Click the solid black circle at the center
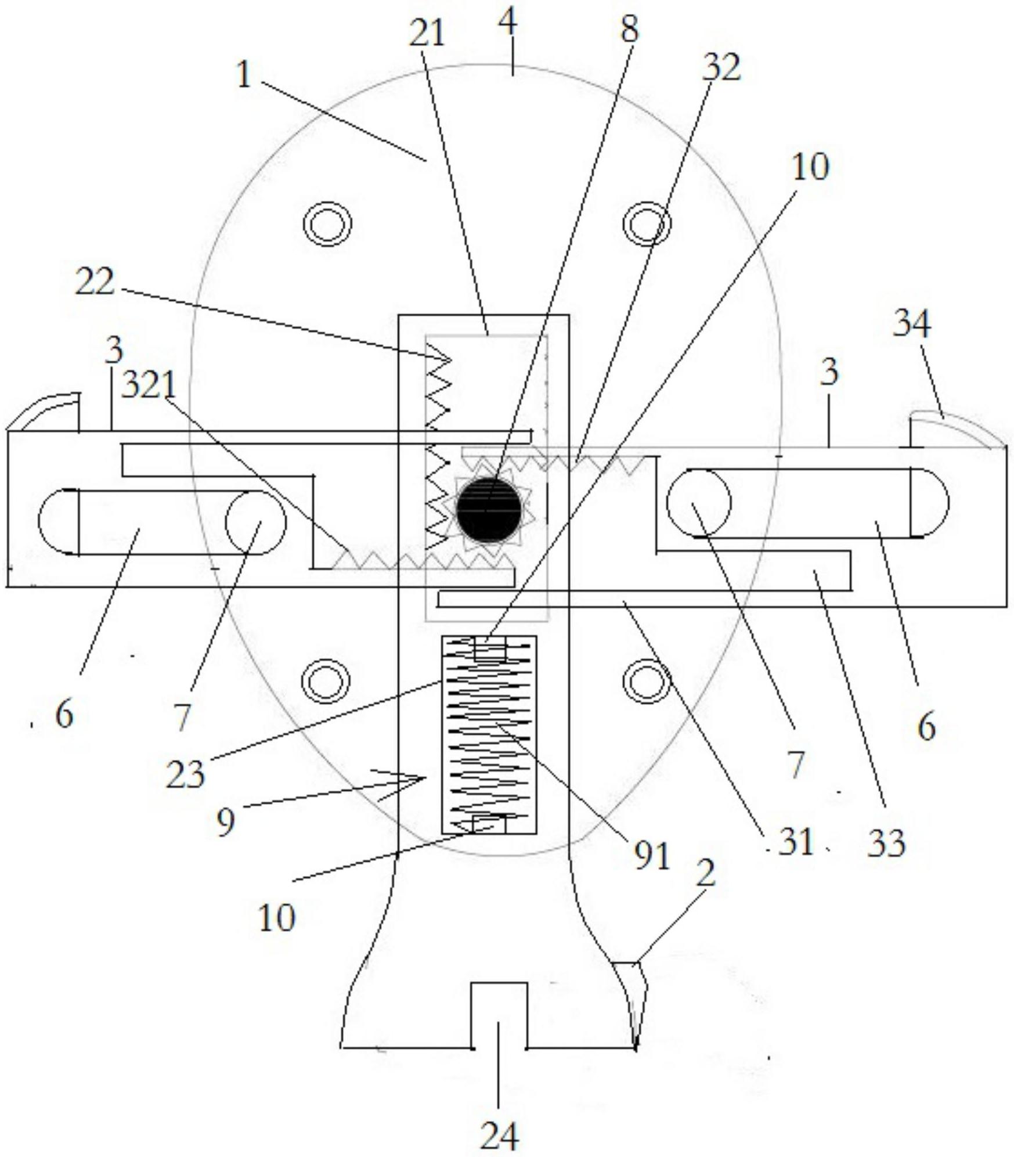tap(489, 509)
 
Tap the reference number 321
tap(148, 385)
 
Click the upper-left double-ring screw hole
tap(328, 224)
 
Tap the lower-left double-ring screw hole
tap(328, 681)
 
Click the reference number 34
tap(912, 323)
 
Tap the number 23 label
tap(185, 774)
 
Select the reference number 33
tap(886, 844)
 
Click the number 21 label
tap(427, 33)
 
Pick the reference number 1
tap(244, 75)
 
